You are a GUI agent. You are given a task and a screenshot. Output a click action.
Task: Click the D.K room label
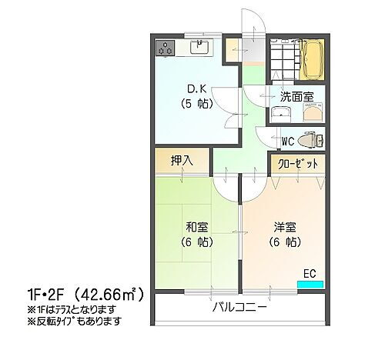[x=190, y=87]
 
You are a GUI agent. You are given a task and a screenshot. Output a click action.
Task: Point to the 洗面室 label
[x=296, y=96]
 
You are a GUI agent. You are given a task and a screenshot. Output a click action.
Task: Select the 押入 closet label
[x=181, y=162]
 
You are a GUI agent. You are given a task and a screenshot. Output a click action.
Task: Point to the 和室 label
[x=196, y=227]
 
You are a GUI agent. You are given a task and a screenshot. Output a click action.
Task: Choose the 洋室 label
[x=284, y=227]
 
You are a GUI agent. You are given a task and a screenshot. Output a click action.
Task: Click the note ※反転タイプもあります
[x=69, y=321]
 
